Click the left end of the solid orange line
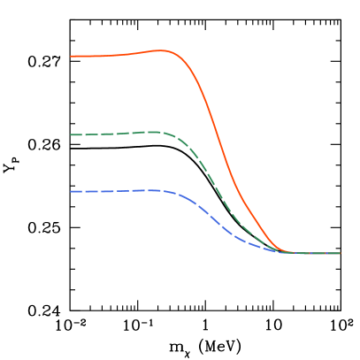tap(72, 56)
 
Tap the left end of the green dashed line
tap(72, 134)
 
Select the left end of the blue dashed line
tap(72, 191)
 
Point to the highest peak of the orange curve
tap(164, 50)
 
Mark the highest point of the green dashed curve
tap(155, 132)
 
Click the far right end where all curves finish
tap(340, 253)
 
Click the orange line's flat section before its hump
tap(93, 56)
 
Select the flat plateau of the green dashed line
tap(106, 134)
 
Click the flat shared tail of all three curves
tap(314, 253)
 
